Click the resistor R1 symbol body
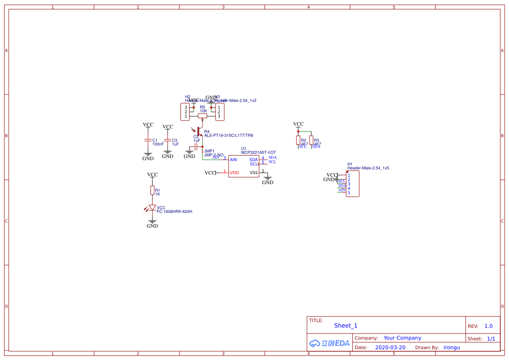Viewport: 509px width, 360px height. point(152,190)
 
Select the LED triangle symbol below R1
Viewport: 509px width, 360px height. point(152,208)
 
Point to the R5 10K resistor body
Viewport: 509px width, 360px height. point(202,116)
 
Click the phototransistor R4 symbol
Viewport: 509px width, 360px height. point(198,131)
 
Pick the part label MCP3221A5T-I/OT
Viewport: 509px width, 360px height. point(258,152)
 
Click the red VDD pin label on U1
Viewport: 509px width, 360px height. point(234,173)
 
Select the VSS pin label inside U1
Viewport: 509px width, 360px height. point(254,173)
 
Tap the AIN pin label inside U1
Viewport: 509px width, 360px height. point(233,160)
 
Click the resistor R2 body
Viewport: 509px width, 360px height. point(298,140)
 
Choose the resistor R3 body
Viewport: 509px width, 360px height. point(311,140)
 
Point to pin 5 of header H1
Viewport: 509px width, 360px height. point(349,193)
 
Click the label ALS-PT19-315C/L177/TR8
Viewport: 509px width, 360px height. point(229,135)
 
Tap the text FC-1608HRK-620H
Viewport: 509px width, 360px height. point(175,212)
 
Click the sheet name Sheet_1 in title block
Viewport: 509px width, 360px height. point(346,326)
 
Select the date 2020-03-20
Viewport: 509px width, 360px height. point(390,347)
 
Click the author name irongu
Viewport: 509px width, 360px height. point(452,347)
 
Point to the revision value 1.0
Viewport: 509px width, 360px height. point(489,326)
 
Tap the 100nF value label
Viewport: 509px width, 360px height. point(158,144)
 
